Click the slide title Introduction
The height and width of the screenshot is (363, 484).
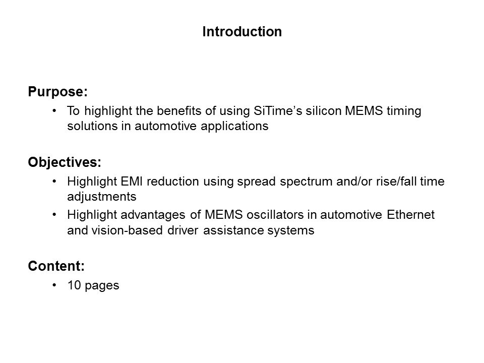[242, 31]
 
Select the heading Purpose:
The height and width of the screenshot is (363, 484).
[57, 92]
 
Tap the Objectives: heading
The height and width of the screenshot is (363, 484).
[65, 162]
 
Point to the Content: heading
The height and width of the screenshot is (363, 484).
[56, 266]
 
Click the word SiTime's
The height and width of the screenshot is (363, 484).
[278, 111]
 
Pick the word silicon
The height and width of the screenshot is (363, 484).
[324, 111]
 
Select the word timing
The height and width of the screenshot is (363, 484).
[404, 111]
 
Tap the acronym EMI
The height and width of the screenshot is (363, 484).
[132, 181]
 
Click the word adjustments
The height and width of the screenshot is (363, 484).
[101, 197]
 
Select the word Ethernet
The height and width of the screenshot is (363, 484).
[410, 215]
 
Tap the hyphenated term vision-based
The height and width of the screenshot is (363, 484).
[127, 230]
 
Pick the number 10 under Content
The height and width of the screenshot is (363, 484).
[74, 285]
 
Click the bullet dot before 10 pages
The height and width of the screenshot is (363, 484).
[54, 284]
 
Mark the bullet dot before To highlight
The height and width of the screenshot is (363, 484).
[54, 110]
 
